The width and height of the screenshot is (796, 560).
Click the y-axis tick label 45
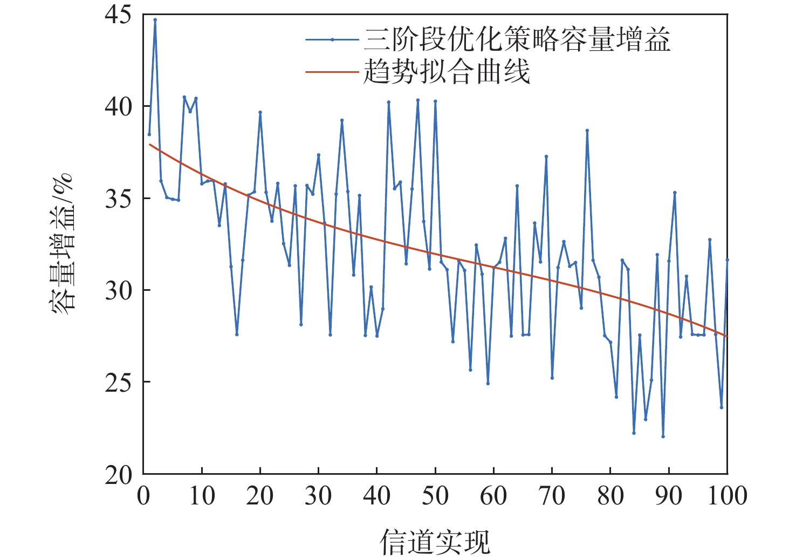pyautogui.click(x=118, y=15)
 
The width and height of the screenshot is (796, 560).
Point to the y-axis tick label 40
pyautogui.click(x=118, y=107)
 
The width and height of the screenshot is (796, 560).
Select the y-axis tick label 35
pyautogui.click(x=118, y=199)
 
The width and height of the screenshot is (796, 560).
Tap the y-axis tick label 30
pyautogui.click(x=118, y=291)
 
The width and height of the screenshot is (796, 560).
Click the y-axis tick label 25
pyautogui.click(x=118, y=383)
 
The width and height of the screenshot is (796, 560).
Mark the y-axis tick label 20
pyautogui.click(x=118, y=475)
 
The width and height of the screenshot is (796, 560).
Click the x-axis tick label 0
pyautogui.click(x=143, y=496)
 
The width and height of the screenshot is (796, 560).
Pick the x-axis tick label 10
pyautogui.click(x=202, y=496)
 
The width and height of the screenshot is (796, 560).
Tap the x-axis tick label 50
pyautogui.click(x=435, y=496)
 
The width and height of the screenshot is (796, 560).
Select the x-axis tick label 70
pyautogui.click(x=552, y=496)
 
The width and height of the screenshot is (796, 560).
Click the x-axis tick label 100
pyautogui.click(x=727, y=496)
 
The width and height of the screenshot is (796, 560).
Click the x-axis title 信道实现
pyautogui.click(x=435, y=542)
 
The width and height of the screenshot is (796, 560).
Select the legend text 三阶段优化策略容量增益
pyautogui.click(x=517, y=40)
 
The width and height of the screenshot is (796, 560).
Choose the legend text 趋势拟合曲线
pyautogui.click(x=447, y=72)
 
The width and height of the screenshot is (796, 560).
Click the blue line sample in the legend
pyautogui.click(x=332, y=40)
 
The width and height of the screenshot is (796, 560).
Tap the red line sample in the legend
pyautogui.click(x=332, y=72)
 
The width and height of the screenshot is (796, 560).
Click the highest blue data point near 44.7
pyautogui.click(x=155, y=19)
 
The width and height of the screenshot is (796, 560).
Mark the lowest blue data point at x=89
pyautogui.click(x=663, y=436)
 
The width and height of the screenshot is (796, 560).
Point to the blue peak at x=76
pyautogui.click(x=587, y=130)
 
